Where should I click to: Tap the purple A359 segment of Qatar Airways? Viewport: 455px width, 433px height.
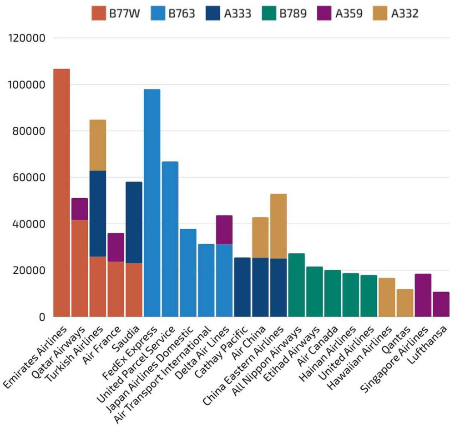coord(80,209)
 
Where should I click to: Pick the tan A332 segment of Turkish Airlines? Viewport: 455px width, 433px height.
coord(97,145)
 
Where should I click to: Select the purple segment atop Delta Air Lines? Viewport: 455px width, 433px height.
coord(224,230)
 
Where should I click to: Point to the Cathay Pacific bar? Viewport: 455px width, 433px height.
coord(242,287)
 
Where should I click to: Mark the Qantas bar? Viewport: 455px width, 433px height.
coord(404,302)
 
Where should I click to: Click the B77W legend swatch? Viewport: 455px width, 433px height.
coord(98,13)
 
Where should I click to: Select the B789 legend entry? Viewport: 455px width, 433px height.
coord(284,13)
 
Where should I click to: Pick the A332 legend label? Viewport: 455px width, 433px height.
coord(404,13)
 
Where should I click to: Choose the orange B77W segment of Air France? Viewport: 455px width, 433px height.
coord(116,289)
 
